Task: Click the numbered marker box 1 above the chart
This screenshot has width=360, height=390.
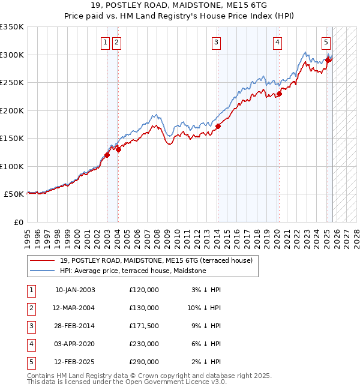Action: pos(106,42)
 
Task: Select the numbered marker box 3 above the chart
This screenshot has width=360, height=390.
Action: pos(215,42)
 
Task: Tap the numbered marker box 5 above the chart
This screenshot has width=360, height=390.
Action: pos(325,42)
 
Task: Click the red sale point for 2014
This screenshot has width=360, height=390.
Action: pos(218,127)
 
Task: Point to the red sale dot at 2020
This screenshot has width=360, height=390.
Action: pos(279,94)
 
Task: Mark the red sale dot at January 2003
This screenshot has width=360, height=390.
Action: pos(107,155)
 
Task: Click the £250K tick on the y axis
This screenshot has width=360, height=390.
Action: pos(12,83)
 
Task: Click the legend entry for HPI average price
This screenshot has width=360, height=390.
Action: pos(133,271)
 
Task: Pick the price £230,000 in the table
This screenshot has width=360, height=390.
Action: pos(143,344)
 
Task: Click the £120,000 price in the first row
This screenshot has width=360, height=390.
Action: pos(143,290)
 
